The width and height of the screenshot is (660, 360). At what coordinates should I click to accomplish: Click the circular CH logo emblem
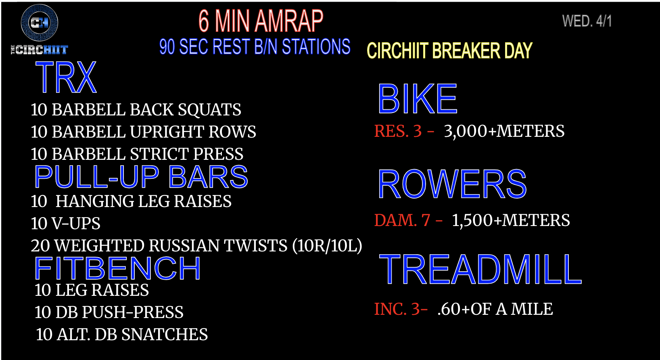pyautogui.click(x=40, y=23)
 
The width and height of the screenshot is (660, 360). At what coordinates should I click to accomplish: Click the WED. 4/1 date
pyautogui.click(x=587, y=21)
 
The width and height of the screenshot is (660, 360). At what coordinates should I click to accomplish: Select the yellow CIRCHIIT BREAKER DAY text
pyautogui.click(x=450, y=50)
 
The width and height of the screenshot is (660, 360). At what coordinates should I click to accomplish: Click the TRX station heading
pyautogui.click(x=66, y=77)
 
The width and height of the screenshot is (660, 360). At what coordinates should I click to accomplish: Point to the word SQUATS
pyautogui.click(x=209, y=110)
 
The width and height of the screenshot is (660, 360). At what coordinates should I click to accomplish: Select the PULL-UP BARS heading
pyautogui.click(x=141, y=177)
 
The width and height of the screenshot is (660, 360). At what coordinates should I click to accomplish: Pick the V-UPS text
pyautogui.click(x=76, y=223)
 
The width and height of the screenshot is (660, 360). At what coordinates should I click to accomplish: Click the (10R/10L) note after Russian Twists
pyautogui.click(x=327, y=246)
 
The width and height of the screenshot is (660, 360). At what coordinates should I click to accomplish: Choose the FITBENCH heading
pyautogui.click(x=117, y=268)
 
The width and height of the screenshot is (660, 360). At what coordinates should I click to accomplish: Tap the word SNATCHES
pyautogui.click(x=165, y=334)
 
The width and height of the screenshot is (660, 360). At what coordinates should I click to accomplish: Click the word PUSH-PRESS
pyautogui.click(x=133, y=312)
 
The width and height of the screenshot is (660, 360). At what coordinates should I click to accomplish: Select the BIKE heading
pyautogui.click(x=418, y=99)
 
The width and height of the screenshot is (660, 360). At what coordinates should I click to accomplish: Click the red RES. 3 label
pyautogui.click(x=398, y=131)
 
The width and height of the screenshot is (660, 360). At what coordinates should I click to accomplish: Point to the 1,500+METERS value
pyautogui.click(x=511, y=220)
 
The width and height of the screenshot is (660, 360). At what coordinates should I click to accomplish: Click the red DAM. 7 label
pyautogui.click(x=402, y=220)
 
